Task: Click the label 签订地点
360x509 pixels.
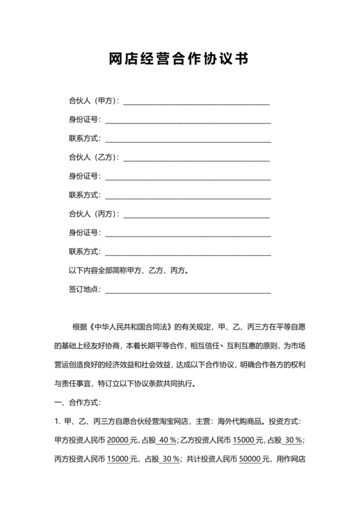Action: tap(84, 289)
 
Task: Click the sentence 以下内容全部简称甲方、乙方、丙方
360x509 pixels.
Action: tap(129, 271)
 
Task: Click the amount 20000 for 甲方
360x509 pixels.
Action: tap(118, 440)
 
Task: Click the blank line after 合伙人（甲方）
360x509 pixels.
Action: tap(196, 103)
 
